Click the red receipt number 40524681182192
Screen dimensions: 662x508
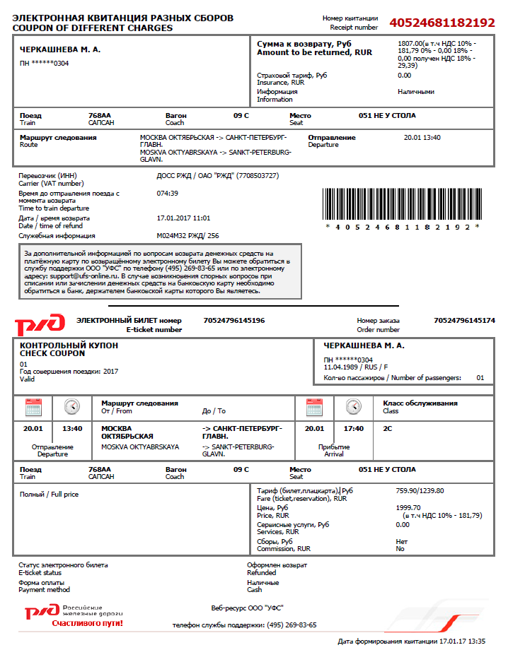pos(441,23)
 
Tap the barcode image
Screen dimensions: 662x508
pos(402,204)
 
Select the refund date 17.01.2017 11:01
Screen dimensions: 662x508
pos(183,218)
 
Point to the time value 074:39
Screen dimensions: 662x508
pos(167,193)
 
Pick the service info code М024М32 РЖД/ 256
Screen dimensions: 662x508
pos(187,236)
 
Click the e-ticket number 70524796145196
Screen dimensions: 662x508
pos(234,321)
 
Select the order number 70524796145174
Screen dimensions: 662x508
pos(464,321)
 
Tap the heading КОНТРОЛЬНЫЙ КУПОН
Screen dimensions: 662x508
pos(69,345)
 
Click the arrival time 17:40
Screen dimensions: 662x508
pos(354,428)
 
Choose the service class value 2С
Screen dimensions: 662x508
pos(388,428)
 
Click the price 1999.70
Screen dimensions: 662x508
pos(408,507)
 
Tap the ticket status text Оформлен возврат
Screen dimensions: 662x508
pos(277,565)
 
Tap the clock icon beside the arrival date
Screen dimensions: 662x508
pos(354,407)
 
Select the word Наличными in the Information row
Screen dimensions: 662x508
pos(416,92)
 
